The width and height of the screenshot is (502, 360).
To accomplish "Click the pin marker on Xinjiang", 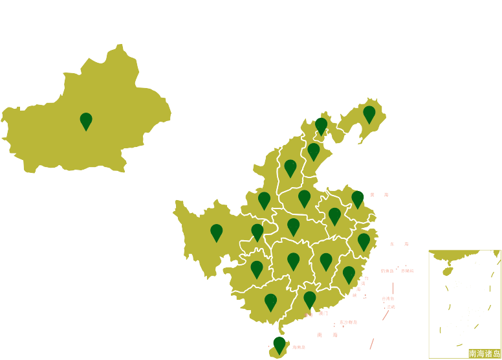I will pyautogui.click(x=86, y=121).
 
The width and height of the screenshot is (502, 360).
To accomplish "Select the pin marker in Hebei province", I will pyautogui.click(x=314, y=152).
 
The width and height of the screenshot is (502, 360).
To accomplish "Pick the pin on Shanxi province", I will pyautogui.click(x=290, y=168).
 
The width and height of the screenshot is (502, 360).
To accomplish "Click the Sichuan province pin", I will pyautogui.click(x=217, y=232).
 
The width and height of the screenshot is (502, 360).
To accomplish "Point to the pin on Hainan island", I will pyautogui.click(x=279, y=345).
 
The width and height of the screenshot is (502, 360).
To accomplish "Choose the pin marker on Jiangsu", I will pyautogui.click(x=358, y=199).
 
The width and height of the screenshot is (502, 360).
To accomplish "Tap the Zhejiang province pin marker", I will pyautogui.click(x=364, y=242).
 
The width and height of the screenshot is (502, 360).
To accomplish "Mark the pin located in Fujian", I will pyautogui.click(x=349, y=275).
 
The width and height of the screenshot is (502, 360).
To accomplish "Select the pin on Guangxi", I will pyautogui.click(x=270, y=302).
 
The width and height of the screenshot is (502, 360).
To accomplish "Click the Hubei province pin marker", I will pyautogui.click(x=294, y=227).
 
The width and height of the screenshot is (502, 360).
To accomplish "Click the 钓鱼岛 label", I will pyautogui.click(x=387, y=271).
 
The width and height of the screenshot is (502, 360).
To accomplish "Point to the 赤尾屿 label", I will pyautogui.click(x=407, y=271).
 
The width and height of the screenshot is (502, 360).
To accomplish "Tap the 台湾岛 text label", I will pyautogui.click(x=387, y=298).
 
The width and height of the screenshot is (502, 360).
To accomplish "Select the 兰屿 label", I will pyautogui.click(x=391, y=307).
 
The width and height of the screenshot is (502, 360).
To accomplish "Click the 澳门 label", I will pyautogui.click(x=323, y=313).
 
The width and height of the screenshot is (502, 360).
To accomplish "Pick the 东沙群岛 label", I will pyautogui.click(x=348, y=322).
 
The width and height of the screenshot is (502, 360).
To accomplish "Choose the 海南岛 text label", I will pyautogui.click(x=298, y=348).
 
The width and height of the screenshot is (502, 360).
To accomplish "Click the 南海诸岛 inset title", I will pyautogui.click(x=485, y=354).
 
